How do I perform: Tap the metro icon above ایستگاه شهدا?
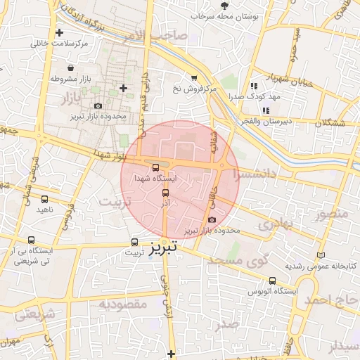tap(155, 167)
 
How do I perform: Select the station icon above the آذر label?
tap(166, 192)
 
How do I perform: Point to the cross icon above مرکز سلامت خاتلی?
tap(59, 32)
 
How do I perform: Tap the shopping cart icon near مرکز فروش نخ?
tap(193, 78)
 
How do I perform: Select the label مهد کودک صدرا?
tap(258, 96)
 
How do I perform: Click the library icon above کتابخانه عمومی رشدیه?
tap(321, 255)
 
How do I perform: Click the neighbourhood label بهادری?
tap(274, 225)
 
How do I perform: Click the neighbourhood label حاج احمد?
tap(332, 301)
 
